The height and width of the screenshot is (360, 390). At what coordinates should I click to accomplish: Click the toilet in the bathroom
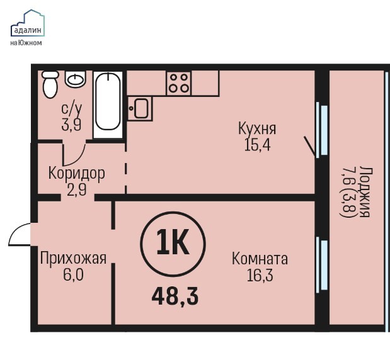50,84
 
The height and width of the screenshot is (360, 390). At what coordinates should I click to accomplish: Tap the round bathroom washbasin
76,79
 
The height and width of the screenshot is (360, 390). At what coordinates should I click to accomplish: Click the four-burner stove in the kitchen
179,82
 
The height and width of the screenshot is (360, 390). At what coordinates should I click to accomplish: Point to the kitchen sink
139,109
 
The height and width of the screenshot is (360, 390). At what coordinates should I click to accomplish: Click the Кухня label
257,128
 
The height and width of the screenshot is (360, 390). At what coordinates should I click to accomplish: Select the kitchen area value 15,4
258,145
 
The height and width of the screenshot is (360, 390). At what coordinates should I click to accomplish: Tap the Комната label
260,259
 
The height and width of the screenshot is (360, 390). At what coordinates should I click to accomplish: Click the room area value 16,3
260,275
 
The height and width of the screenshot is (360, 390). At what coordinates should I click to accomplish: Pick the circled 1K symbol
173,244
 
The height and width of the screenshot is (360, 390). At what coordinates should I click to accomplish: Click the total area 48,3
175,296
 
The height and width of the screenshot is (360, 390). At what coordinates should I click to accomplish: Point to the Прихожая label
73,259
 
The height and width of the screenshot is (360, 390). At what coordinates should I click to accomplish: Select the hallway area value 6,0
73,275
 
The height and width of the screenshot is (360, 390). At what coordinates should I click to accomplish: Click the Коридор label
77,174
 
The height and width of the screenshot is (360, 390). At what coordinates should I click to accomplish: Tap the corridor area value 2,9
77,189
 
